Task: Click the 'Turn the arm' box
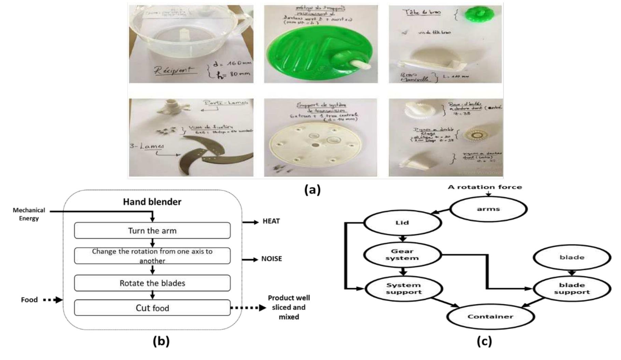(152, 231)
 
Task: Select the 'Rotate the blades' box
(152, 283)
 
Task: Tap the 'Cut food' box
(152, 308)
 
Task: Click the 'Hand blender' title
(152, 202)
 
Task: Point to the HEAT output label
(271, 221)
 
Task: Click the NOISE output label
(272, 259)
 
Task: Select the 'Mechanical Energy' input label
(29, 214)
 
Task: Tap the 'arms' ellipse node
(488, 209)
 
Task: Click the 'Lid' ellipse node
(403, 223)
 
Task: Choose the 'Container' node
(490, 316)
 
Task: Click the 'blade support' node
(572, 288)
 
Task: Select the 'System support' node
(404, 288)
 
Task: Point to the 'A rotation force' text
(485, 187)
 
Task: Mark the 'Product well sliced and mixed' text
(289, 307)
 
